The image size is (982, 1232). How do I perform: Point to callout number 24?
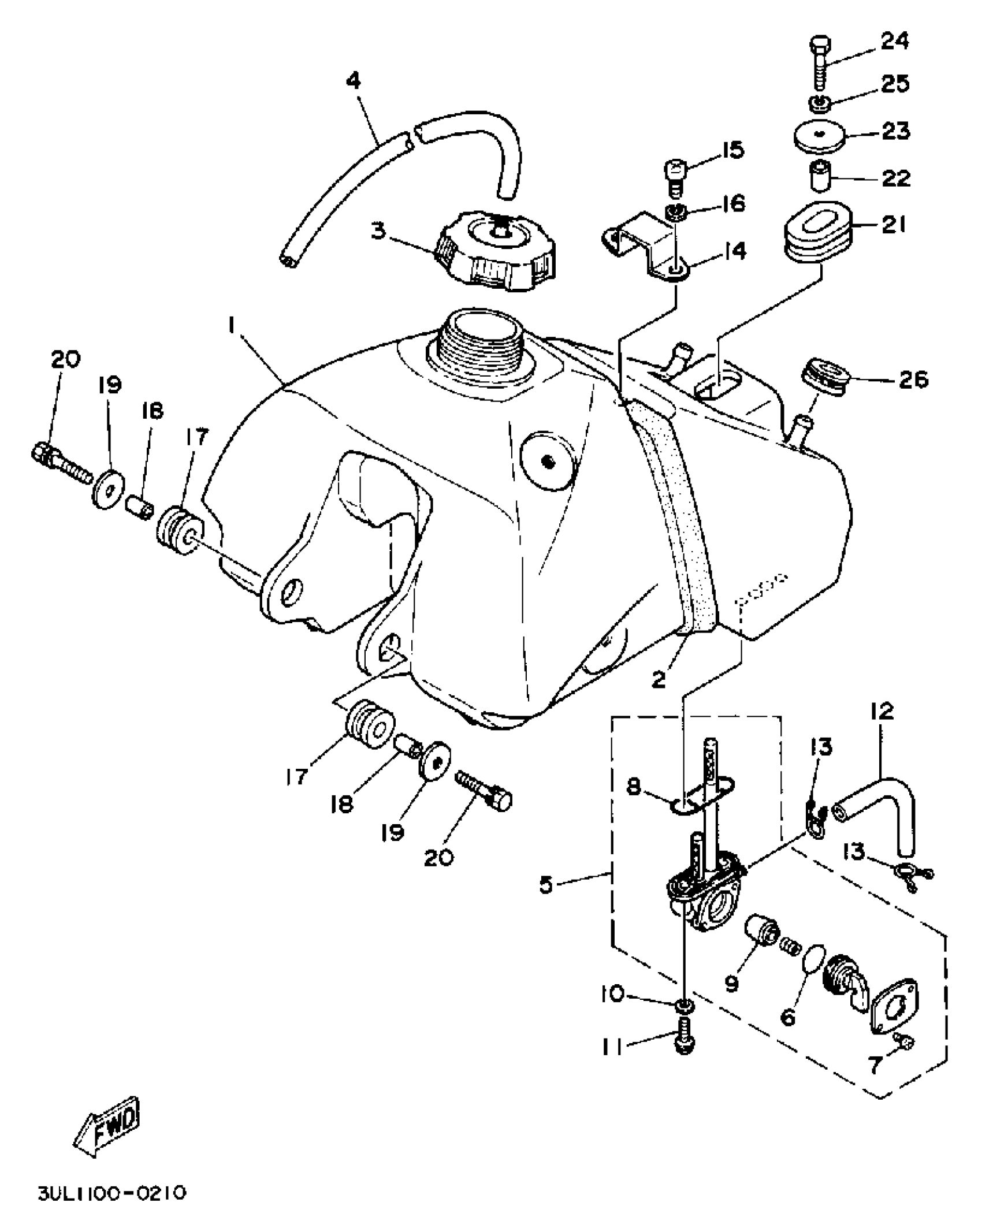point(894,41)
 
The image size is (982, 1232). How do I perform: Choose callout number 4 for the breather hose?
point(354,80)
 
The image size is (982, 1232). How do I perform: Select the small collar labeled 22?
point(819,177)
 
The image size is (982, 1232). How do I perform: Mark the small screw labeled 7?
point(905,1041)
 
